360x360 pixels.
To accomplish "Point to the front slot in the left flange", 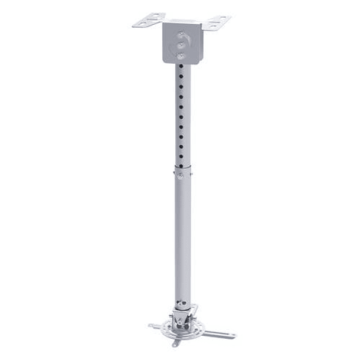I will pyautogui.click(x=142, y=23).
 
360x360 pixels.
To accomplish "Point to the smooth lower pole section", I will pyautogui.click(x=182, y=236).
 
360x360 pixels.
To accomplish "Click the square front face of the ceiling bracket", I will pyautogui.click(x=182, y=44).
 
